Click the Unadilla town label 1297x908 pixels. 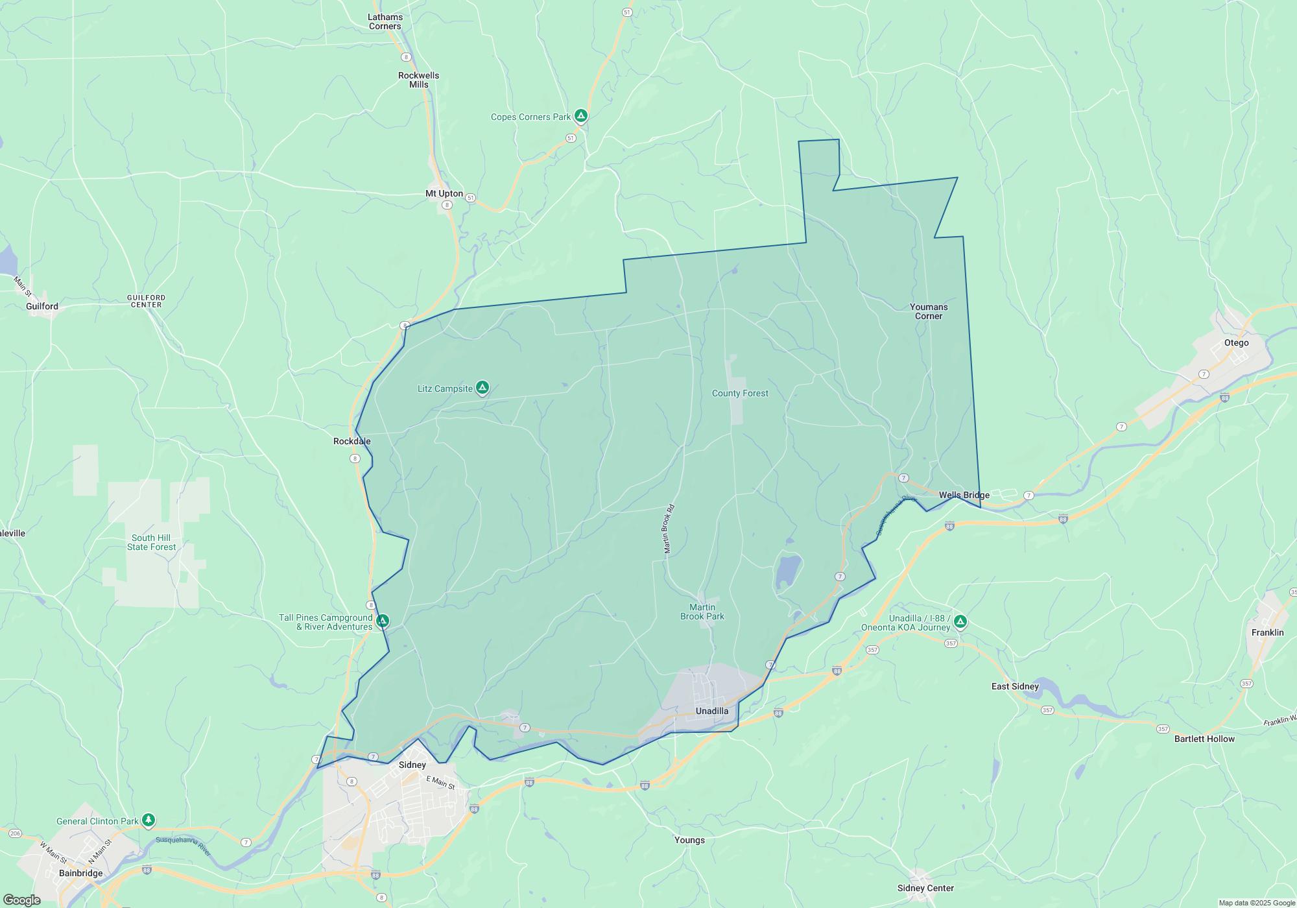click(x=712, y=711)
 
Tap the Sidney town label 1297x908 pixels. click(x=412, y=765)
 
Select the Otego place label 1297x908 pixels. click(x=1236, y=342)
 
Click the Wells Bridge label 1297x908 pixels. click(x=964, y=495)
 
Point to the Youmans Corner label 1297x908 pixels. click(x=929, y=311)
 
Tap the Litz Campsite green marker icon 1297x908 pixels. click(x=482, y=388)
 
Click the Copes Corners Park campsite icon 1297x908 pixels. click(x=581, y=116)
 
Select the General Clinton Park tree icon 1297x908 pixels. click(x=149, y=820)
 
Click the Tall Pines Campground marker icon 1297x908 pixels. click(x=383, y=621)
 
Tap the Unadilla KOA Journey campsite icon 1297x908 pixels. click(x=960, y=621)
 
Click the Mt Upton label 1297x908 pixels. click(x=444, y=193)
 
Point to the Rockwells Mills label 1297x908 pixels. click(x=418, y=80)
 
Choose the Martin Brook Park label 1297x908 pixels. click(x=702, y=612)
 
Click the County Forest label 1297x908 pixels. click(x=740, y=393)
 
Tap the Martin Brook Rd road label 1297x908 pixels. click(x=669, y=529)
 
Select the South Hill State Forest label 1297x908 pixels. click(x=151, y=542)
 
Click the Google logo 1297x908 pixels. click(x=21, y=900)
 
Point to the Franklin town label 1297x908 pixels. click(x=1267, y=632)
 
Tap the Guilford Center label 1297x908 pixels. click(x=147, y=301)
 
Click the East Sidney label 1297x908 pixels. click(x=1015, y=686)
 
